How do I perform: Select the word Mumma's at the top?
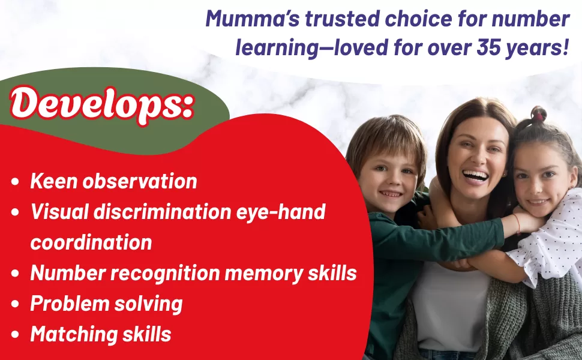click(x=253, y=19)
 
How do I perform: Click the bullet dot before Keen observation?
click(x=15, y=182)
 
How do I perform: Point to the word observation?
click(x=140, y=181)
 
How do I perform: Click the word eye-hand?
click(x=281, y=212)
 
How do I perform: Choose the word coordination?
click(x=91, y=242)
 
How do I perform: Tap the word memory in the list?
click(x=264, y=274)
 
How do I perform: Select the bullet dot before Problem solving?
click(x=15, y=304)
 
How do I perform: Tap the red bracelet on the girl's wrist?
click(x=517, y=223)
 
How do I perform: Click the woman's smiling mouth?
click(x=475, y=176)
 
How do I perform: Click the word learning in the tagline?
click(x=277, y=48)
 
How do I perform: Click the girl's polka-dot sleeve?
click(x=550, y=238)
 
